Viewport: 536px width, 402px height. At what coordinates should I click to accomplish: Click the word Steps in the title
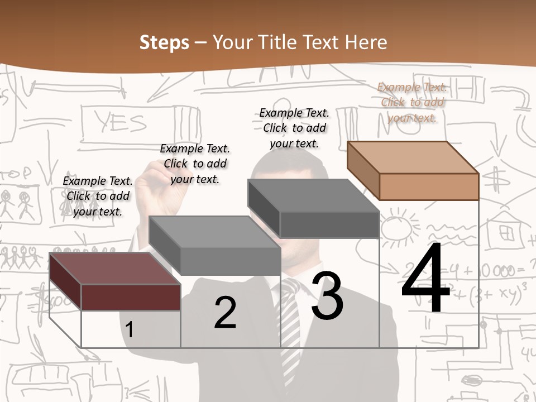click(164, 42)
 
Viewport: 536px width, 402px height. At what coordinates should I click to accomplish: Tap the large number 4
click(425, 279)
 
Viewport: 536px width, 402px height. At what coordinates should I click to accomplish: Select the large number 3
click(327, 295)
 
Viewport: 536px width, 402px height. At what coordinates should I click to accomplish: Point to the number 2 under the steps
click(225, 312)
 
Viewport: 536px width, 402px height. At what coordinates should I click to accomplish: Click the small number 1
click(130, 329)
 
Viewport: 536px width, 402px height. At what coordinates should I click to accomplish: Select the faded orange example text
click(412, 102)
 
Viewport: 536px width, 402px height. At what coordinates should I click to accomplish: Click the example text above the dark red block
click(98, 196)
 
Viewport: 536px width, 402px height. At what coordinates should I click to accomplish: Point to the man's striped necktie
click(290, 329)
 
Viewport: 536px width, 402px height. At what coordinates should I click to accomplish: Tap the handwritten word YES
click(121, 122)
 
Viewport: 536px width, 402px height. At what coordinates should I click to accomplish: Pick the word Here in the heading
click(366, 42)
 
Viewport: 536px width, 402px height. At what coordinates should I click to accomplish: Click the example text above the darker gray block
click(294, 128)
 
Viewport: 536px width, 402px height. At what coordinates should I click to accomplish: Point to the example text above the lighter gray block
click(195, 164)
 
